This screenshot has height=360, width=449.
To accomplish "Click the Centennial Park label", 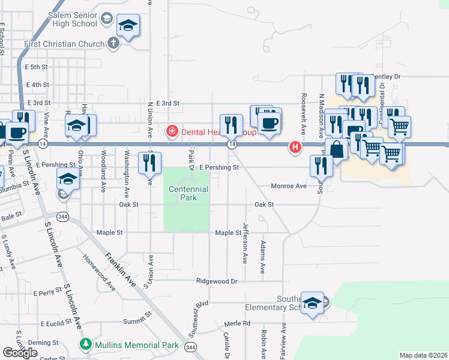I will coord(188,193).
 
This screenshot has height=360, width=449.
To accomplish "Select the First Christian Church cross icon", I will coord(113,43).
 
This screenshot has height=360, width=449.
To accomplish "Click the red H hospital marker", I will coord(295,146).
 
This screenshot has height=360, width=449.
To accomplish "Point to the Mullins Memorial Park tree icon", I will coord(85,345).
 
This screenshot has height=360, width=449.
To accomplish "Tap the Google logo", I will coord(20,353).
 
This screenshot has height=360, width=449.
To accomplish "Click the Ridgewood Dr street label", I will coord(218,281).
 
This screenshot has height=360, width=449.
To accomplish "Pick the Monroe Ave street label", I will coord(288,186).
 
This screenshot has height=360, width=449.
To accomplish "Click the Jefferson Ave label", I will coord(245,243).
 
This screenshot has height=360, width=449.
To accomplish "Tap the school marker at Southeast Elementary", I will coord(312,303).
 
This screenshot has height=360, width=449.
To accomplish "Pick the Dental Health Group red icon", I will coord(172,131).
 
